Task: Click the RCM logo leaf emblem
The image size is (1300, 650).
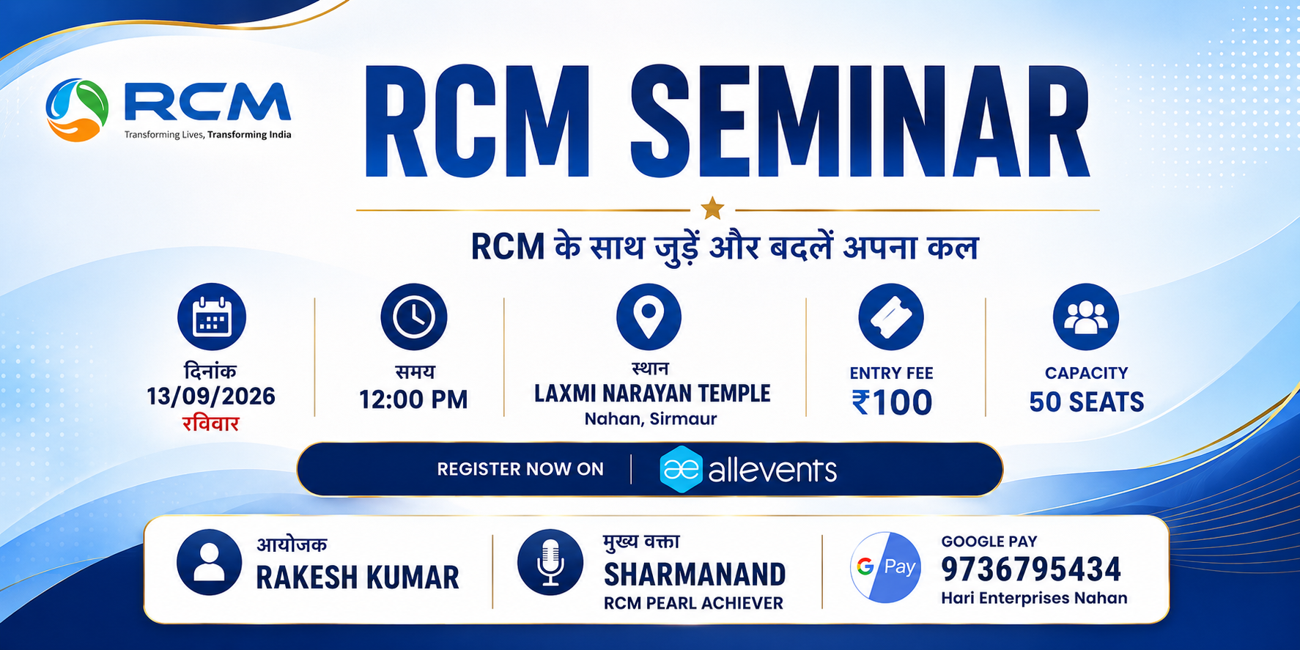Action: [x=77, y=110]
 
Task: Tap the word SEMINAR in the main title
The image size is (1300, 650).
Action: [x=860, y=122]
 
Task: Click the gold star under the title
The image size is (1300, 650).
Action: [x=712, y=209]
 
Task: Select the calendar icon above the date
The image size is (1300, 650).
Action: [x=212, y=317]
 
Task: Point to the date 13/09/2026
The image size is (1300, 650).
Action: [x=211, y=396]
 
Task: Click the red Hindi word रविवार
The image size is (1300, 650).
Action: [x=211, y=423]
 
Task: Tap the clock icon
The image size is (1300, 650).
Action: [x=414, y=317]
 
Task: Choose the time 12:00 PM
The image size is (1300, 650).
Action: [x=413, y=399]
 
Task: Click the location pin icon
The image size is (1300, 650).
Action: [x=649, y=317]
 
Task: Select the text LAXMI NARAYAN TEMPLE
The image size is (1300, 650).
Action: [x=652, y=394]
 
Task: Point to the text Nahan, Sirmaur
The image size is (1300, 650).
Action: [x=651, y=419]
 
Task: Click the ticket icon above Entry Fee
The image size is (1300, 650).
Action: [x=891, y=317]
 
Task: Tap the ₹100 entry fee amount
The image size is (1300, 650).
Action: [x=892, y=402]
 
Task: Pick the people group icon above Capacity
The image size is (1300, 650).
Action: [x=1086, y=317]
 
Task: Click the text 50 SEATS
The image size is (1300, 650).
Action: [x=1087, y=402]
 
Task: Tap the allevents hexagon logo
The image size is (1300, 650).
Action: [x=682, y=469]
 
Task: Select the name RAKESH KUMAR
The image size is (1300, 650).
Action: [x=358, y=577]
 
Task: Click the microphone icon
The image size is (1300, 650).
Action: [x=550, y=563]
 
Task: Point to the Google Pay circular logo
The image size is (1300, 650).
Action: [x=885, y=567]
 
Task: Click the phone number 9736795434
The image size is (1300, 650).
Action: [x=1031, y=569]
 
